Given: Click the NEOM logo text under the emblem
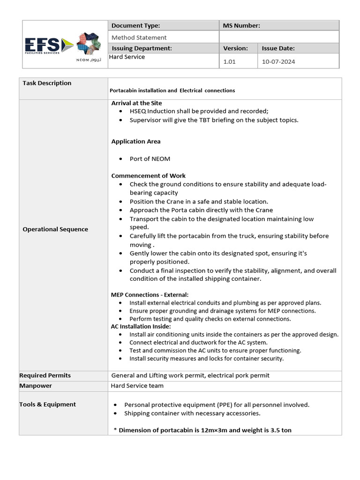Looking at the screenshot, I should pyautogui.click(x=89, y=60).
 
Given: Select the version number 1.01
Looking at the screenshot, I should pyautogui.click(x=229, y=61).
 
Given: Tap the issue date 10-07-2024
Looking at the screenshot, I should pyautogui.click(x=278, y=61).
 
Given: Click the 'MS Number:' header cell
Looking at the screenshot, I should pyautogui.click(x=242, y=26).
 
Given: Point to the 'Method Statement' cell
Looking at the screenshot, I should pyautogui.click(x=139, y=37).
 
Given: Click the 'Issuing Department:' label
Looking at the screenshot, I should pyautogui.click(x=142, y=48).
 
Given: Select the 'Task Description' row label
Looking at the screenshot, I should pyautogui.click(x=47, y=83).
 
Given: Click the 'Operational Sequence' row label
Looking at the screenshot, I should pyautogui.click(x=55, y=229).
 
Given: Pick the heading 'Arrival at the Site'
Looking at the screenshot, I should pyautogui.click(x=136, y=103).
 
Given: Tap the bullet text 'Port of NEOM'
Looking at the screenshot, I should pyautogui.click(x=150, y=159).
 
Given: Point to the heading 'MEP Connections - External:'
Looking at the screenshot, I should pyautogui.click(x=150, y=295).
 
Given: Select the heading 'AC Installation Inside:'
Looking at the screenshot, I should pyautogui.click(x=141, y=326).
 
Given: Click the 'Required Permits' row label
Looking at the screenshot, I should pyautogui.click(x=45, y=375).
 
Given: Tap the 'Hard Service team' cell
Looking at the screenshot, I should pyautogui.click(x=137, y=386).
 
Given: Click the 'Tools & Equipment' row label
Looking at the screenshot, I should pyautogui.click(x=47, y=405).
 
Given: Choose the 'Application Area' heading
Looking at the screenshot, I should pyautogui.click(x=135, y=142).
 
